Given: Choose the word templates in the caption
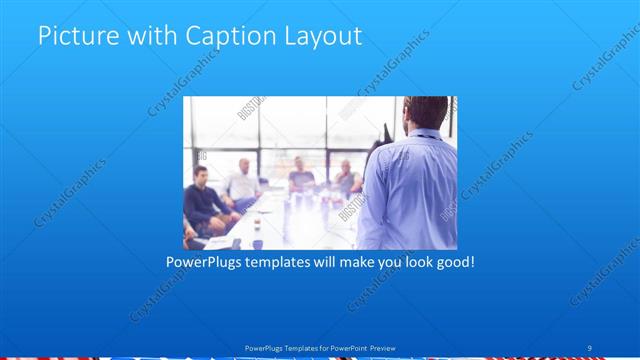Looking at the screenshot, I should pyautogui.click(x=291, y=262).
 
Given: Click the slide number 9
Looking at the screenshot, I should pyautogui.click(x=589, y=348).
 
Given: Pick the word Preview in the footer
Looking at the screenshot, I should pyautogui.click(x=383, y=348).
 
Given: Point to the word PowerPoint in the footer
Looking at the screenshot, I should pyautogui.click(x=345, y=348).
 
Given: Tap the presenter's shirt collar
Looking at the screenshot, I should pyautogui.click(x=425, y=132).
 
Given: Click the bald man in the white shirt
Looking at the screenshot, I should pyautogui.click(x=243, y=179).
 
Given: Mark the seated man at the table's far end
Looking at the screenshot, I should pyautogui.click(x=299, y=174).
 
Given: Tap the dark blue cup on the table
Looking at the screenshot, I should pyautogui.click(x=257, y=243).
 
